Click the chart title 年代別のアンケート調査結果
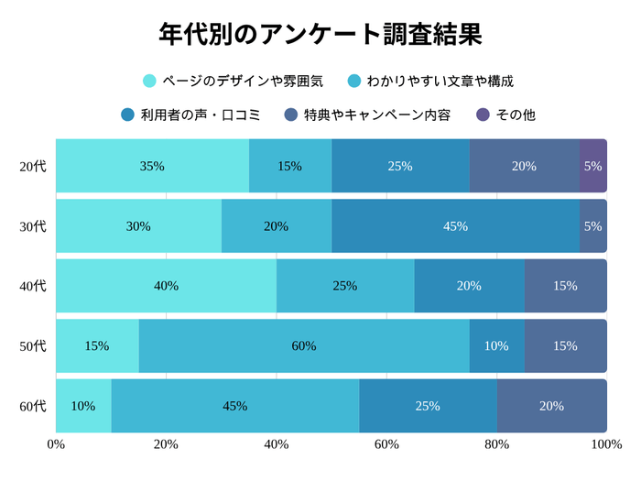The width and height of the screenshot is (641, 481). (320, 34)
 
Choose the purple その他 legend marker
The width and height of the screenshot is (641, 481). (483, 115)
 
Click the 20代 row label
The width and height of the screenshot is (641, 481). (32, 167)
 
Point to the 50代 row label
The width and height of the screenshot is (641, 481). (32, 345)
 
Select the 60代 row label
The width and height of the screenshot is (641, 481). (32, 406)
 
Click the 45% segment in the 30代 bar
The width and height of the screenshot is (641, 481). (455, 226)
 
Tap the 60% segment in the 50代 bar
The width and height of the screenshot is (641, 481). (304, 345)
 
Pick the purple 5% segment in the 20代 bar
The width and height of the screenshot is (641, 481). (592, 167)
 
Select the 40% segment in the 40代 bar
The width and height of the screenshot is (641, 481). (166, 286)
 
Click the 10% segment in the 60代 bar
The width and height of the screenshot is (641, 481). (83, 406)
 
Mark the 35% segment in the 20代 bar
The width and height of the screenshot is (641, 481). (152, 167)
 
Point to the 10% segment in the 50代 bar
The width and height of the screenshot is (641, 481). (496, 345)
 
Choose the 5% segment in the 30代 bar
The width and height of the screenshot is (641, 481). (592, 226)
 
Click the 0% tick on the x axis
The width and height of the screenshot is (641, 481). (56, 444)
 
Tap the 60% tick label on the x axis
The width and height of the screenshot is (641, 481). (386, 444)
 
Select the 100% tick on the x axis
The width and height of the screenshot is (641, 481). (605, 444)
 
